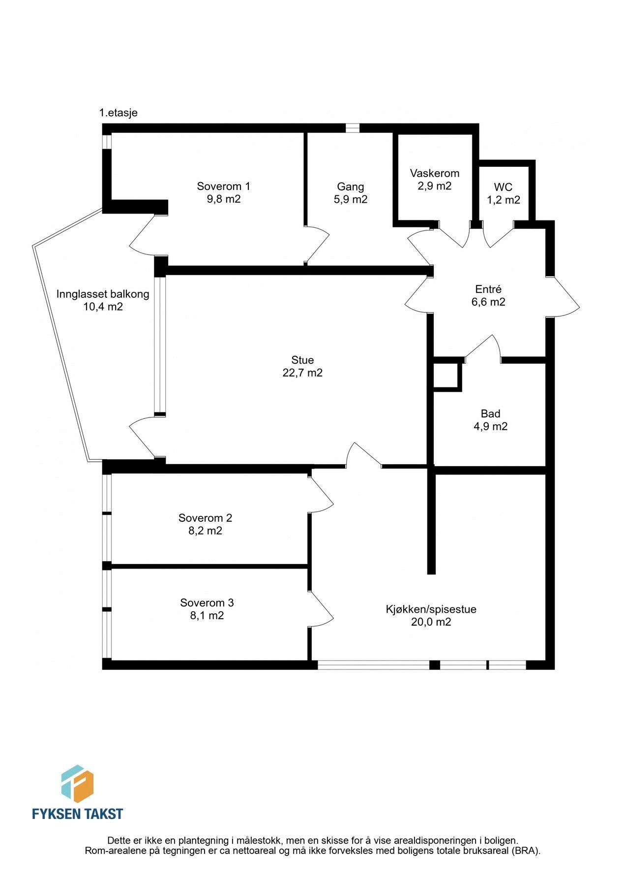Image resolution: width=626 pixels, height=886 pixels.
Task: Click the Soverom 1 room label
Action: pyautogui.click(x=223, y=186)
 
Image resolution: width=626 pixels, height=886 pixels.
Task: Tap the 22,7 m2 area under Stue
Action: pyautogui.click(x=302, y=373)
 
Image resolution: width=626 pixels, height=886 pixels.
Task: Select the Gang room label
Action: pyautogui.click(x=350, y=187)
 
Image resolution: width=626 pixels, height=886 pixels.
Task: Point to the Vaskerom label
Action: pyautogui.click(x=435, y=173)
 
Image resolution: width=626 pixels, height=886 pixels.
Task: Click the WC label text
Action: pyautogui.click(x=503, y=187)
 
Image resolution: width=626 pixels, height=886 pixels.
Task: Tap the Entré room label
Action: pyautogui.click(x=488, y=289)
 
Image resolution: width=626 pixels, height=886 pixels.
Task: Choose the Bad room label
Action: pyautogui.click(x=490, y=414)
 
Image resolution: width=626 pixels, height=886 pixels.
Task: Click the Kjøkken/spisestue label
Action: pyautogui.click(x=431, y=609)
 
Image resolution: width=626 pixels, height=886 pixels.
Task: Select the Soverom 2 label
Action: pyautogui.click(x=205, y=518)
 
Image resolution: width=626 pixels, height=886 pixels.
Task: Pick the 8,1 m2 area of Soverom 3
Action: pyautogui.click(x=207, y=616)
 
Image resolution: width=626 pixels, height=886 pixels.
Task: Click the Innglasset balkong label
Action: pyautogui.click(x=103, y=294)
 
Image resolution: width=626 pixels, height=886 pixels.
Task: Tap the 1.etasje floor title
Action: pyautogui.click(x=119, y=113)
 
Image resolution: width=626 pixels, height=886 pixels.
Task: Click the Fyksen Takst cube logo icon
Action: pyautogui.click(x=77, y=783)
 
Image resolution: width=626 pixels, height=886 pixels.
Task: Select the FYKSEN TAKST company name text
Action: pyautogui.click(x=77, y=814)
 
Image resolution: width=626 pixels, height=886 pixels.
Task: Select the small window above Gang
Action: pyautogui.click(x=352, y=128)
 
